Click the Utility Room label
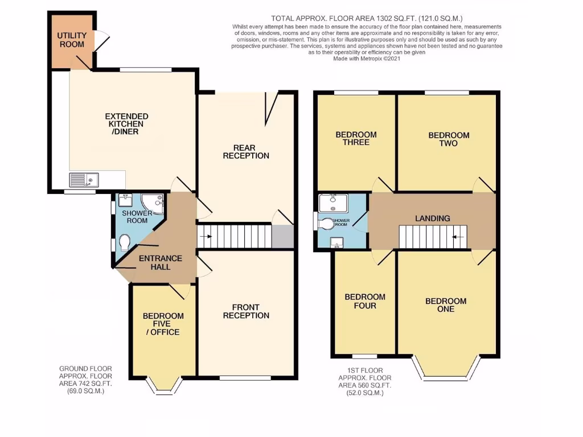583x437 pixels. coord(71,40)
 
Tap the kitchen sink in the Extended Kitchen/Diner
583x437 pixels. coord(84,180)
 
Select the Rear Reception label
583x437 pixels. coord(245,151)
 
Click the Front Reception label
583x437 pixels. coord(246,311)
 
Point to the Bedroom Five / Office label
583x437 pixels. coord(163,324)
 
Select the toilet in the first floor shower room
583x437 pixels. coord(327,224)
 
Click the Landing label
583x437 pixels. coord(432,218)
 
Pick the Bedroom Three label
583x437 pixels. coord(356,138)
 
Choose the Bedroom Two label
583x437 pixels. coord(449,139)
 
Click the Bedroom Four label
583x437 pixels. coord(364,301)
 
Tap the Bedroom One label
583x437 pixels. coord(446,305)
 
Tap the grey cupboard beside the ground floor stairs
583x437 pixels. coord(282,237)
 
